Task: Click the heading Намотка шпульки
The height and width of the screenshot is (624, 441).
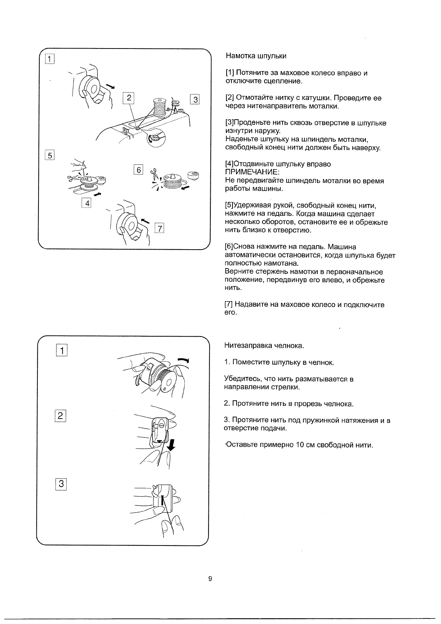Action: [256, 56]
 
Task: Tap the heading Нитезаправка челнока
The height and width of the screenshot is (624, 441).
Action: [264, 346]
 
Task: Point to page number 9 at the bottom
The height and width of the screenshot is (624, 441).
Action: [210, 579]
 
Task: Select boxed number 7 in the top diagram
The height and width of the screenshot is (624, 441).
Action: [159, 228]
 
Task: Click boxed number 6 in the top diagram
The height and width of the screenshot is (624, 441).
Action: [138, 170]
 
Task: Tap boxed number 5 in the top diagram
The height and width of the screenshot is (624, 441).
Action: [50, 155]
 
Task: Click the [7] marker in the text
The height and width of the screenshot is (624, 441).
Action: [229, 305]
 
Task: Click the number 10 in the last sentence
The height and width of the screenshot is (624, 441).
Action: [300, 445]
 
